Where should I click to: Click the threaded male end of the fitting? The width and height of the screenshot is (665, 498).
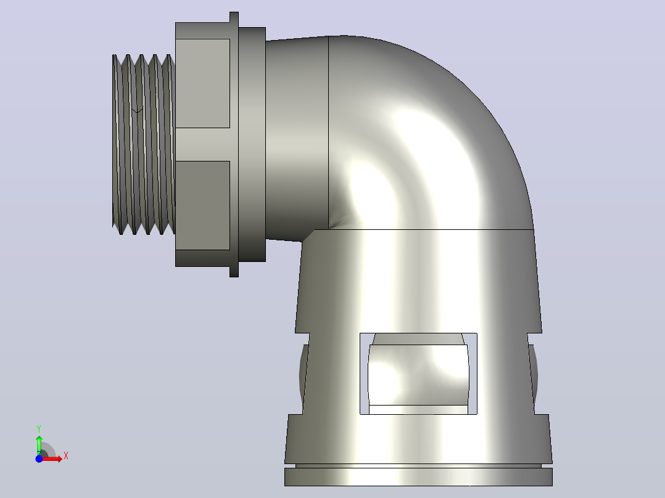point(144,144)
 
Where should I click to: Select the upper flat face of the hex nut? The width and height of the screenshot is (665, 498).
point(203,83)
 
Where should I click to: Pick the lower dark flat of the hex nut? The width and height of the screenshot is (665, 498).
point(203,205)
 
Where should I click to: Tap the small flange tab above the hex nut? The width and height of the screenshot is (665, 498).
point(234,17)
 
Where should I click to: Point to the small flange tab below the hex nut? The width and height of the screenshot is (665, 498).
point(234,272)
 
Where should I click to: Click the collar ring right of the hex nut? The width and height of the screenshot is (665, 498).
point(252,144)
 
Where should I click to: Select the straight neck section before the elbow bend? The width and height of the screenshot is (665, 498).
point(297,139)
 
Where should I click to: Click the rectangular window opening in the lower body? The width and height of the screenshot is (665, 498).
point(419,374)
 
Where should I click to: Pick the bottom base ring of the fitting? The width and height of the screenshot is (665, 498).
point(419,477)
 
